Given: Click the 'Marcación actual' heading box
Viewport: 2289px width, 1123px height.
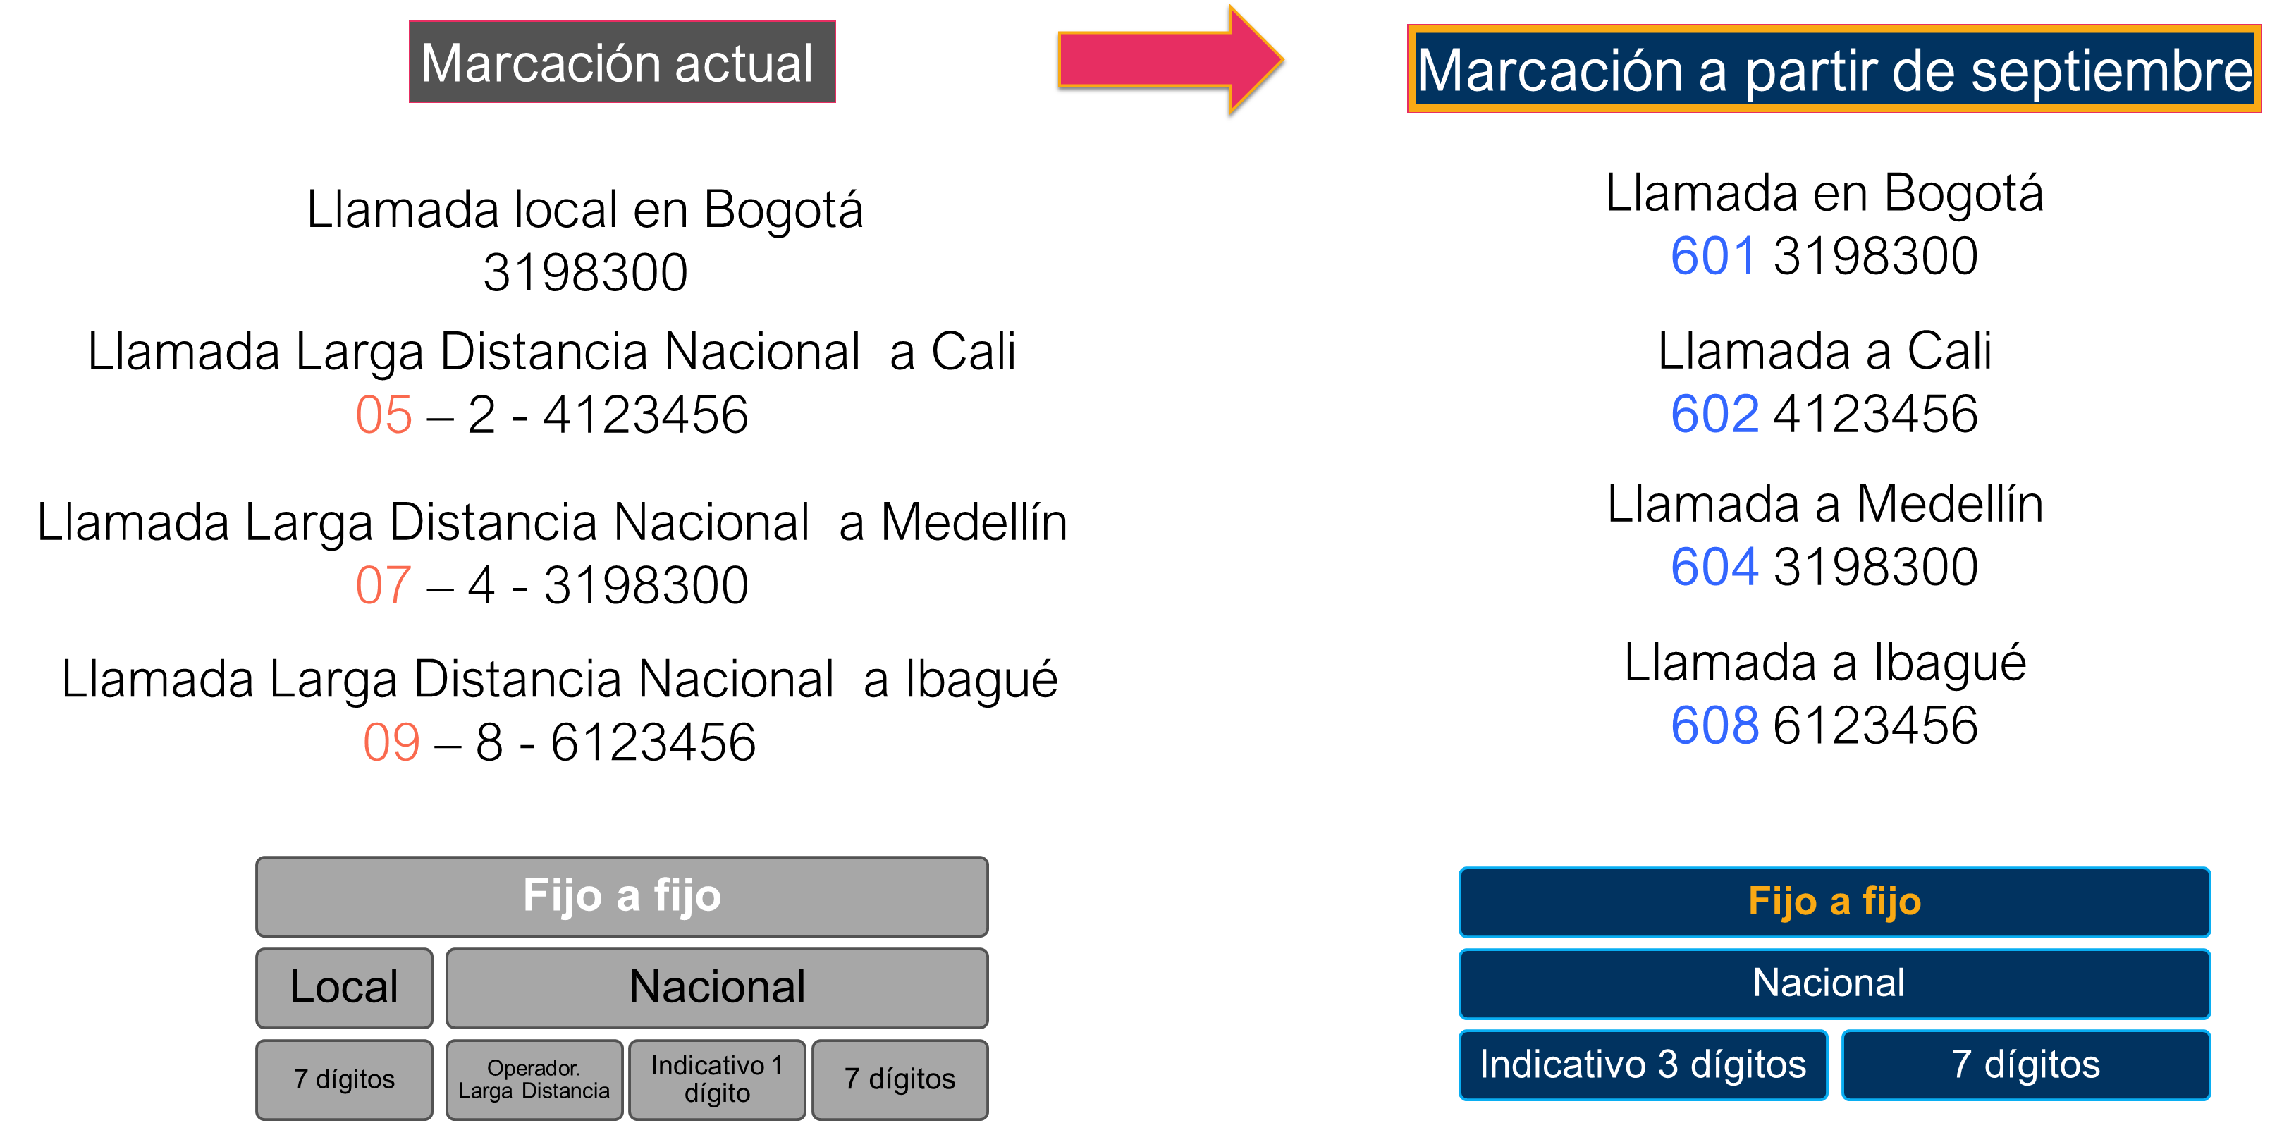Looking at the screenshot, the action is [622, 62].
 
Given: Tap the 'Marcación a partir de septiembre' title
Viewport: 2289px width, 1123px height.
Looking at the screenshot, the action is [1834, 69].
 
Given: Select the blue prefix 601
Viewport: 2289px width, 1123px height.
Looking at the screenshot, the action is [1713, 256].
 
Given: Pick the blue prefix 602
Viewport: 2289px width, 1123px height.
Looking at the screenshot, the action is [1714, 414].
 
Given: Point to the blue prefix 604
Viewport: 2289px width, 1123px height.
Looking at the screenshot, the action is [1714, 567].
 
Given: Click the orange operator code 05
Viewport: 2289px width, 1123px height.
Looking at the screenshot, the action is [384, 415].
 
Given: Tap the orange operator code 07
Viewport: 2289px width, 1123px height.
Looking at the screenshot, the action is [384, 586].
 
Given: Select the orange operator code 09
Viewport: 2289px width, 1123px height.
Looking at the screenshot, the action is [391, 743].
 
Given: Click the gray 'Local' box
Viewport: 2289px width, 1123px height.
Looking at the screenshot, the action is [345, 988].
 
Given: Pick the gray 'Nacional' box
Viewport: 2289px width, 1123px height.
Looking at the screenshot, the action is [717, 988].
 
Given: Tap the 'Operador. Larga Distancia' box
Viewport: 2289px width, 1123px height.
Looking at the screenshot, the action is [534, 1079].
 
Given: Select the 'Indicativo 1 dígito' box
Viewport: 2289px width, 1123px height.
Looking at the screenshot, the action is [717, 1079].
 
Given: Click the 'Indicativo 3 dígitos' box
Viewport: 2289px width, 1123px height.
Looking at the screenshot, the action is [1643, 1065].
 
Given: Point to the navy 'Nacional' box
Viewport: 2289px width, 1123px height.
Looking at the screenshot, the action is [1834, 983].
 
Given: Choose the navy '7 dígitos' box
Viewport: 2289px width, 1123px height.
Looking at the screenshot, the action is [2026, 1065].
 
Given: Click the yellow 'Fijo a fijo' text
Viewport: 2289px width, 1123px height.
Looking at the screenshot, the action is [1835, 902].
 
